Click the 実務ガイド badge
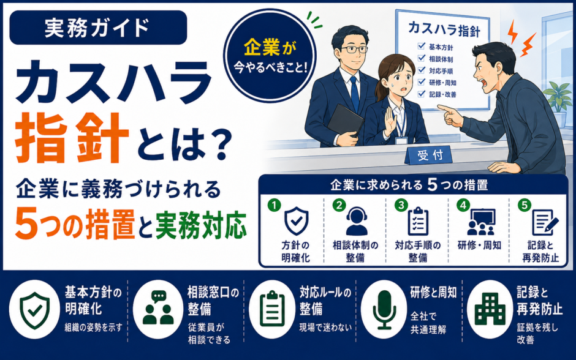click(98, 28)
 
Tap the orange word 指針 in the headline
click(72, 138)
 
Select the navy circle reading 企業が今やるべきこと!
click(270, 55)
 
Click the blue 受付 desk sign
click(429, 156)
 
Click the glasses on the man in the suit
click(354, 49)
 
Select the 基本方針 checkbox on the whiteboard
click(422, 47)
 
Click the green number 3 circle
click(401, 205)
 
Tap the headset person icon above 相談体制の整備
click(357, 221)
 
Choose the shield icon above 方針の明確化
click(297, 221)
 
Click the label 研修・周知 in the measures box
click(479, 245)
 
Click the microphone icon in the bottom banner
click(384, 309)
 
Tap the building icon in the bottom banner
click(490, 309)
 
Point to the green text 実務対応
click(200, 225)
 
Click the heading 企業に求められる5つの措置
click(409, 185)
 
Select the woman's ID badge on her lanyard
click(402, 140)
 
